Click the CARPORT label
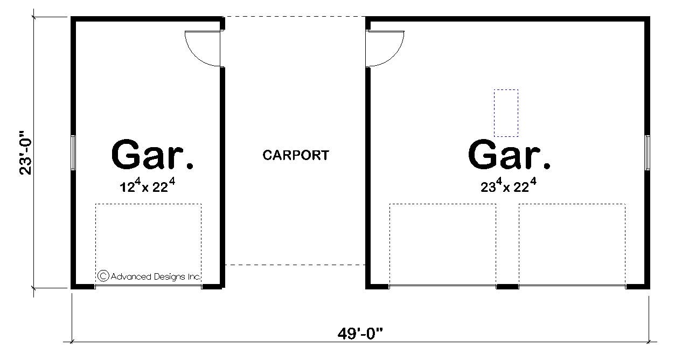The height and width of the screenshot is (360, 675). tap(295, 155)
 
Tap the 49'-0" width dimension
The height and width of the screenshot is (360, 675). tap(360, 333)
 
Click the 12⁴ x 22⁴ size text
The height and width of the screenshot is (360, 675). tap(148, 186)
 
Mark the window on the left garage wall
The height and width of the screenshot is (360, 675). tap(73, 153)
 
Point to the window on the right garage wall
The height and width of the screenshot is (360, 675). tap(648, 153)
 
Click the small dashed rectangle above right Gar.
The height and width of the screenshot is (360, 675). tap(506, 113)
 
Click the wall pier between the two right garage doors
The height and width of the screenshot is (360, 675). tap(507, 286)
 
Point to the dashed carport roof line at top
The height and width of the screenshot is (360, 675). tap(295, 17)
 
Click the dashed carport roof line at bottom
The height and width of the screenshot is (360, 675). tap(295, 265)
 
